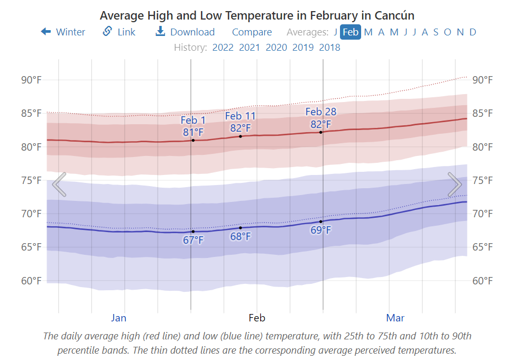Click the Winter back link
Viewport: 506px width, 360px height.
click(x=63, y=32)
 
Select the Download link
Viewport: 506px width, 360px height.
click(x=185, y=32)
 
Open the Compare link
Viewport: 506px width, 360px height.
click(x=252, y=32)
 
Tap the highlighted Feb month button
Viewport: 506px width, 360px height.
click(x=351, y=32)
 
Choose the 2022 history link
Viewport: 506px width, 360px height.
click(x=223, y=48)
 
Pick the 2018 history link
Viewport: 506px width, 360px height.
click(x=329, y=48)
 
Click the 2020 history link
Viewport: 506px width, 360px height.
click(x=276, y=48)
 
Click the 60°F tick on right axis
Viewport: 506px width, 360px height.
click(x=482, y=281)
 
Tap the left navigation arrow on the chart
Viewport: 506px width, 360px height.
click(x=59, y=184)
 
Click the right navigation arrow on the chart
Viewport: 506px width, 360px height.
click(x=454, y=184)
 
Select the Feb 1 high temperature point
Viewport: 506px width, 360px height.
click(x=193, y=140)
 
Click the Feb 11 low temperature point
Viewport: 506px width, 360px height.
click(x=241, y=228)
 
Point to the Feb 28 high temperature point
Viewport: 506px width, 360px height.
click(x=321, y=132)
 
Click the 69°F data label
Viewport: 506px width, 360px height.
click(x=320, y=230)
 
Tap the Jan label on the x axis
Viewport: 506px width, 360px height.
click(x=119, y=318)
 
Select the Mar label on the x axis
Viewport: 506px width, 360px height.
click(x=395, y=318)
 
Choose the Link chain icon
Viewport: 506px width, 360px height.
click(x=107, y=31)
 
